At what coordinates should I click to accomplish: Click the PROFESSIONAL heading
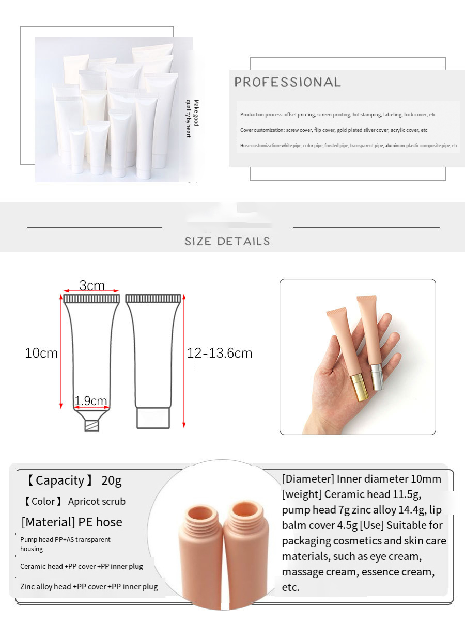tap(288, 82)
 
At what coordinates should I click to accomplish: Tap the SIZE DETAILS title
tap(227, 241)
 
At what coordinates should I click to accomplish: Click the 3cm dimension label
tap(92, 285)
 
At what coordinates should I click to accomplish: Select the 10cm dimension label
tap(41, 354)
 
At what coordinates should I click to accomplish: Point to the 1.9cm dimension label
tap(91, 401)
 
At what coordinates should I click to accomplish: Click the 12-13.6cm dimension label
tap(220, 354)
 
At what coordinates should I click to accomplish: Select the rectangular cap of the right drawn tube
tap(153, 419)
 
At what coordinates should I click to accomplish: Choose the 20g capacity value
tap(112, 480)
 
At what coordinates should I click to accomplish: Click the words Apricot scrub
tap(97, 501)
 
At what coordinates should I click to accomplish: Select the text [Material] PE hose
tap(72, 522)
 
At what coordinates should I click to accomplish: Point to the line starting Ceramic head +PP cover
tap(81, 566)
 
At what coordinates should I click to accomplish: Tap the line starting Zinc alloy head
tap(89, 587)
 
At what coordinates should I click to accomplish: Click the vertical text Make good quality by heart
tap(192, 118)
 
